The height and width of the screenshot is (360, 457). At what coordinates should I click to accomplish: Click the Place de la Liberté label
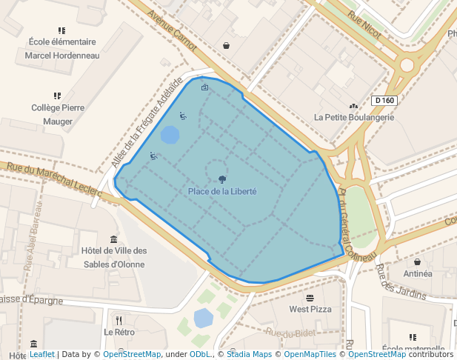click(222, 192)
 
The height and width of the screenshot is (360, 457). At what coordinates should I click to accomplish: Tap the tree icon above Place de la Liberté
click(222, 179)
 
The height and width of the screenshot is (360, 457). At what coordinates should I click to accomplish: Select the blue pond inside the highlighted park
click(170, 135)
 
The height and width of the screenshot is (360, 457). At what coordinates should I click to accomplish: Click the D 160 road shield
click(384, 100)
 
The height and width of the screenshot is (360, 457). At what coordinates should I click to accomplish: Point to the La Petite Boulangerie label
click(354, 117)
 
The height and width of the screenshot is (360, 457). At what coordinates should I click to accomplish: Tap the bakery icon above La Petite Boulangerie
click(354, 105)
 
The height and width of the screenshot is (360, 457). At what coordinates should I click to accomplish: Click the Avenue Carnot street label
click(173, 31)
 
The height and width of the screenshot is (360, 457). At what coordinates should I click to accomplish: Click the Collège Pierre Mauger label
click(57, 114)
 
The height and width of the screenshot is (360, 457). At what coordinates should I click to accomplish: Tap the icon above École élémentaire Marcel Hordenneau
click(61, 30)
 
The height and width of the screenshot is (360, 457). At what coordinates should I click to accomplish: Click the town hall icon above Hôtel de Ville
click(113, 239)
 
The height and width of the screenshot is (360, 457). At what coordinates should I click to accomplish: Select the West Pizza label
click(310, 309)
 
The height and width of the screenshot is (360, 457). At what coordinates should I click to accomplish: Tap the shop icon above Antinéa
click(418, 261)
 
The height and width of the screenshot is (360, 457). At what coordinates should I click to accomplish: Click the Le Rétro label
click(119, 333)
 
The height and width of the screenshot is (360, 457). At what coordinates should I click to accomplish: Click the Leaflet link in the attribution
click(41, 355)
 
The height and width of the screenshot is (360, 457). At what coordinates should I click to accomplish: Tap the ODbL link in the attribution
click(200, 355)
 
